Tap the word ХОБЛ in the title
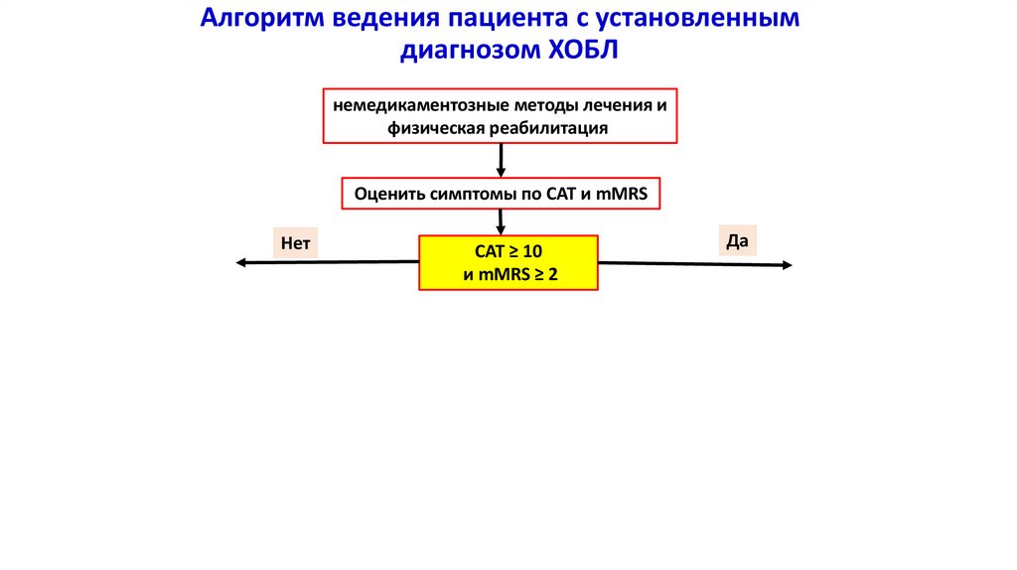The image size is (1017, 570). coord(584,51)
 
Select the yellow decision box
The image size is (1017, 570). coord(508,262)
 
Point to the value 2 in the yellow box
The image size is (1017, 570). coord(553,275)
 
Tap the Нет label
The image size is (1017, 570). coord(295,242)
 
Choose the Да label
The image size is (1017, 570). coord(736,240)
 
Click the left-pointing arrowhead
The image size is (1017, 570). coord(241,262)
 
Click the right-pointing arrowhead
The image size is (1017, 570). coord(787,265)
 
